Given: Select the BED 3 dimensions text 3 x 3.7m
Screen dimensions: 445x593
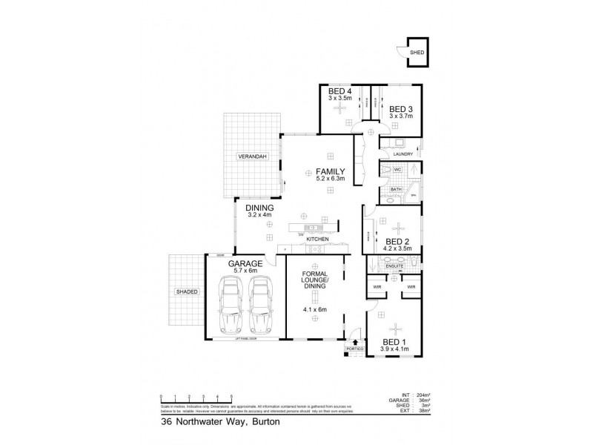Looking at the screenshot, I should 400,115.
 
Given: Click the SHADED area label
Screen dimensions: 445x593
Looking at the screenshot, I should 187,291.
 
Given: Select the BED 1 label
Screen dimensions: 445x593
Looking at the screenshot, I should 395,342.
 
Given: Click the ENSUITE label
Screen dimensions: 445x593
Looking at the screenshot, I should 394,265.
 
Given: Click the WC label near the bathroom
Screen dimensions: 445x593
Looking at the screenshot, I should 397,169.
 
